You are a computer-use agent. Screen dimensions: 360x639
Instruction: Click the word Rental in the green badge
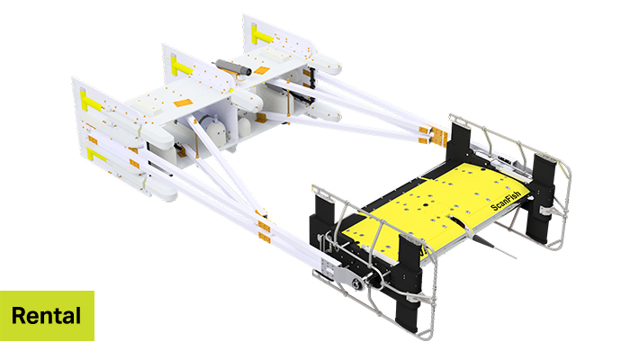pos(46,316)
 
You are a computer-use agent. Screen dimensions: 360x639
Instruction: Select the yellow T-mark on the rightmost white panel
pos(261,35)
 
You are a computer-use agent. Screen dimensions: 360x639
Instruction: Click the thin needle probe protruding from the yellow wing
pos(498,248)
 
